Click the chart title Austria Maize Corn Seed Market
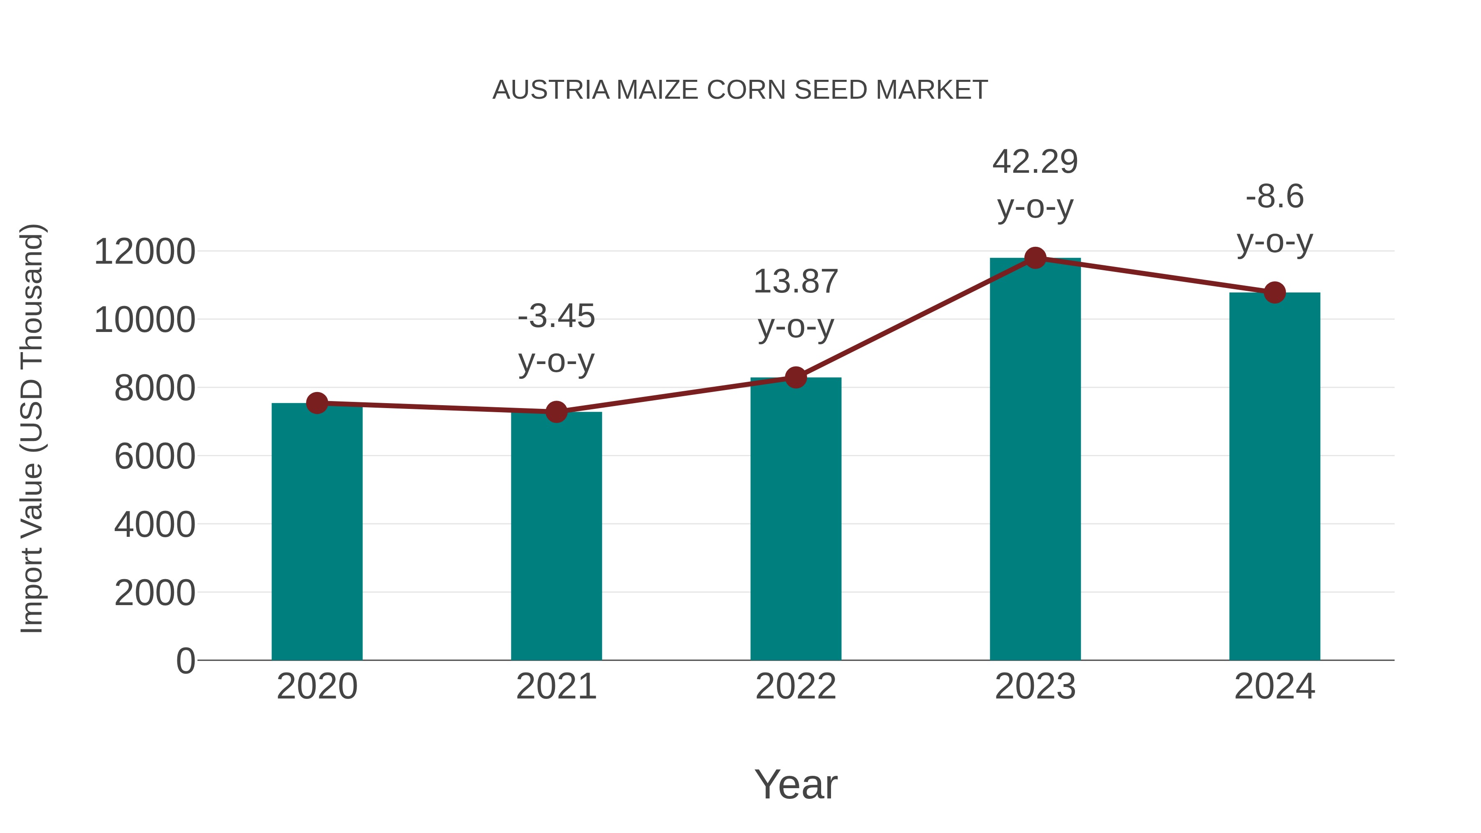click(740, 90)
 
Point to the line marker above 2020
click(317, 403)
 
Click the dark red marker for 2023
click(1035, 258)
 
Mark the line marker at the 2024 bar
click(1274, 292)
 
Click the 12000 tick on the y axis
click(144, 252)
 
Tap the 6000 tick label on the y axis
click(155, 457)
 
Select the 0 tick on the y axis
click(186, 661)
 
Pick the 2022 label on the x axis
click(796, 687)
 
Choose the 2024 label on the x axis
click(1274, 687)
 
